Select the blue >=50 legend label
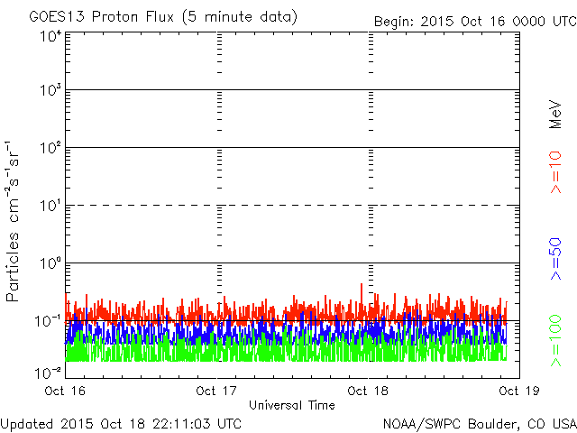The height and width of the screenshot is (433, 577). click(555, 258)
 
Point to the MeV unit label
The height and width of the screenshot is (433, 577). click(555, 112)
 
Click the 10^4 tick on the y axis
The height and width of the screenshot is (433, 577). click(50, 36)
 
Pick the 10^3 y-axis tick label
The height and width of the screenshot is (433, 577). click(50, 91)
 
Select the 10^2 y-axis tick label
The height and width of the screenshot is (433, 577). click(50, 148)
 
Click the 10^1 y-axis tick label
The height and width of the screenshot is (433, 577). click(50, 206)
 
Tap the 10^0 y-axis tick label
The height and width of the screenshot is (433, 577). click(50, 263)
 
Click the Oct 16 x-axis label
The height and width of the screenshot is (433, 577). click(62, 391)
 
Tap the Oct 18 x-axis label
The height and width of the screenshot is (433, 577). click(367, 391)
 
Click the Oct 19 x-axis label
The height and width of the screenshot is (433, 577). click(516, 391)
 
